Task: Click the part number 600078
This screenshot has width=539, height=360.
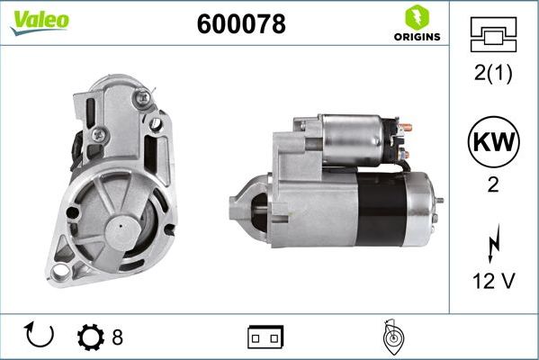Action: coord(241,25)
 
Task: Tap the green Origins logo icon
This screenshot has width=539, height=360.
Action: coord(416,18)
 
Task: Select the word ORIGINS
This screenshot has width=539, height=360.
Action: coord(417,37)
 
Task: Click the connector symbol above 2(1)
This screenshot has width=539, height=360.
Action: coord(493,36)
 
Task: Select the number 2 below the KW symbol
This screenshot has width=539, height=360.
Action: coord(493,184)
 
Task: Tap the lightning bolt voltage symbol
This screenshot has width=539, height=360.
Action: coord(493,244)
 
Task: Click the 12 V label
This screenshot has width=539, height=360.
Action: coord(493,281)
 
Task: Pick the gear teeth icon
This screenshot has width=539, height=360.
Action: coord(92,337)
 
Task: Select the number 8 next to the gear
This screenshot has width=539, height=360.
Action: coord(117,337)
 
